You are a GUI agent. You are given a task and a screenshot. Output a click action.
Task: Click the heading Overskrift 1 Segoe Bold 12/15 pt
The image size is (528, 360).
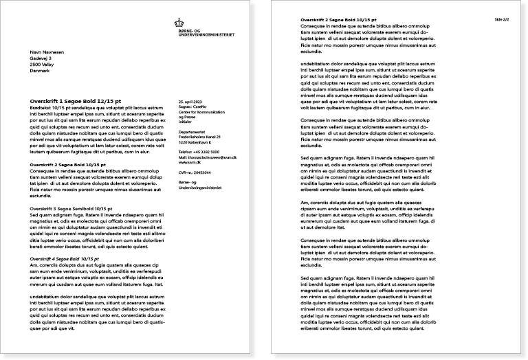pyautogui.click(x=76, y=101)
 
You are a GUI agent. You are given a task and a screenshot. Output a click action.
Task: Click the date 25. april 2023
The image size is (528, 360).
pyautogui.click(x=190, y=101)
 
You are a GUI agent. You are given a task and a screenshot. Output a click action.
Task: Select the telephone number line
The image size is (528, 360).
pyautogui.click(x=199, y=151)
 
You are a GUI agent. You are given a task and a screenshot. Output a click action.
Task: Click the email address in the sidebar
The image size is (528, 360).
pyautogui.click(x=207, y=157)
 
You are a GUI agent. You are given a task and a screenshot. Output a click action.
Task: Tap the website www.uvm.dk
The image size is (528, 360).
pyautogui.click(x=189, y=163)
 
